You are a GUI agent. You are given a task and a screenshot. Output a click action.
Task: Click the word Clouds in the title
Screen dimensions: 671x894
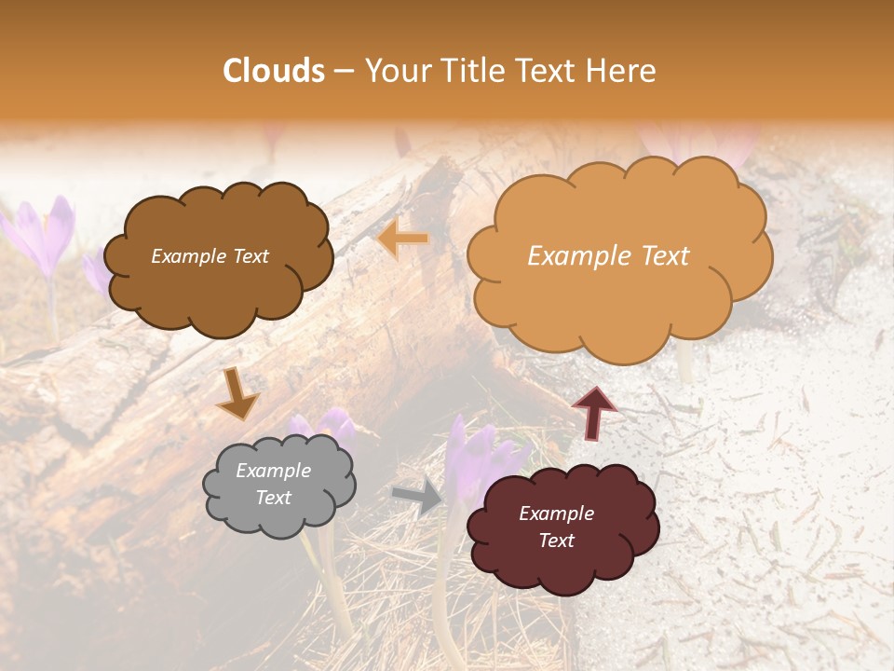click(x=274, y=71)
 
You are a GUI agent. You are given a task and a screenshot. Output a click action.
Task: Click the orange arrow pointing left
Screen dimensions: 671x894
click(x=402, y=239)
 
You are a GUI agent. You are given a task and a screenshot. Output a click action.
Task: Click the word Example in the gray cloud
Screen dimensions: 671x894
click(x=273, y=471)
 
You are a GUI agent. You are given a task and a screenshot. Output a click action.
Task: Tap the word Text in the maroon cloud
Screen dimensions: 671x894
click(x=556, y=541)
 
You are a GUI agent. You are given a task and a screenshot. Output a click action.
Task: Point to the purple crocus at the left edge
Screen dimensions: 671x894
click(x=42, y=233)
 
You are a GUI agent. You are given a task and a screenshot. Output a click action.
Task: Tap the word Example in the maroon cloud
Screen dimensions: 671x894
click(x=556, y=514)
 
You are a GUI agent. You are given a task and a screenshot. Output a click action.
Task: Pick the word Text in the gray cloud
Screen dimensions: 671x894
click(x=273, y=498)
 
